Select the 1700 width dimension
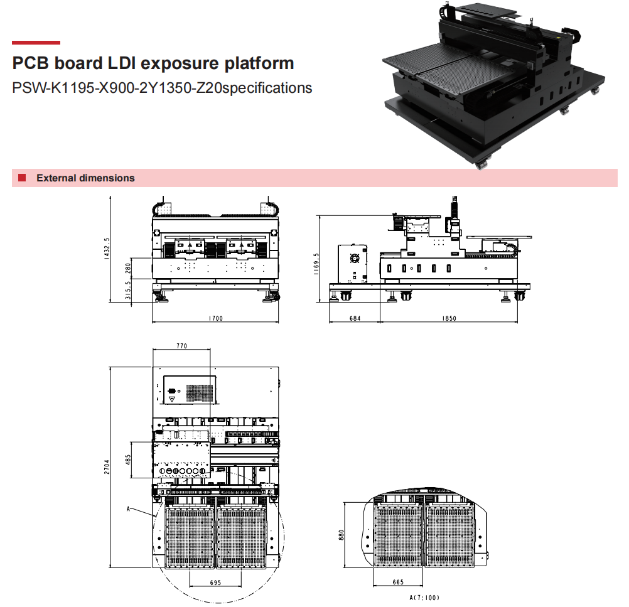215,318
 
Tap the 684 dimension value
355,318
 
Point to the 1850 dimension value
449,318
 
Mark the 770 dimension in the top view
182,346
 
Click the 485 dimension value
127,460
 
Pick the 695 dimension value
215,583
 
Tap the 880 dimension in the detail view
342,535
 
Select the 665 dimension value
398,583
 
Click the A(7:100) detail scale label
424,598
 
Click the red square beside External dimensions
22,178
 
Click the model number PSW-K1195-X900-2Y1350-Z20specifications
162,87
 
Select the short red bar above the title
36,43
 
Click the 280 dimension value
127,268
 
